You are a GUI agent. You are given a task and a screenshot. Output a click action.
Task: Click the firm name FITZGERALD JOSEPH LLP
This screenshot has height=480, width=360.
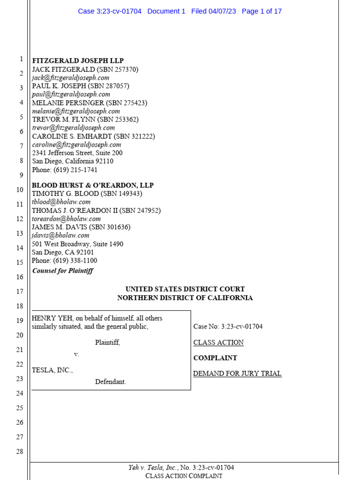tap(78, 61)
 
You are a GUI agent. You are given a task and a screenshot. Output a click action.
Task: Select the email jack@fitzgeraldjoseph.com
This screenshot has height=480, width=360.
tap(71, 78)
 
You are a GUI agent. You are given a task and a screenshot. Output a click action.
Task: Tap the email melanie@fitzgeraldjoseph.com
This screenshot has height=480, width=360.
tap(76, 111)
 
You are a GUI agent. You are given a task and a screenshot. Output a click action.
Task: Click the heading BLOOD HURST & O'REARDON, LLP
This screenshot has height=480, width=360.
tap(93, 185)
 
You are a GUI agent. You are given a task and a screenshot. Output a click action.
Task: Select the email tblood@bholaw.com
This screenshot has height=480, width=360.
tap(61, 202)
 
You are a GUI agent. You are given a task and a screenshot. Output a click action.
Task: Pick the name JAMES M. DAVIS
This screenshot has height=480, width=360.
tap(58, 227)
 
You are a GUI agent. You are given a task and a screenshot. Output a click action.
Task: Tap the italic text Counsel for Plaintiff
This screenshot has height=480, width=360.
tap(63, 271)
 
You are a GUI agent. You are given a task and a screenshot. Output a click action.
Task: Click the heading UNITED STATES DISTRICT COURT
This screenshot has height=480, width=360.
tap(185, 289)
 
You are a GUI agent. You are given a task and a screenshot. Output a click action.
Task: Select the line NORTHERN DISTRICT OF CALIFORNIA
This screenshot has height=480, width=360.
tap(185, 298)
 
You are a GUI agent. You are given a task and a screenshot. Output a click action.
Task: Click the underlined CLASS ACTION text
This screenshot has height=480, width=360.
tap(218, 343)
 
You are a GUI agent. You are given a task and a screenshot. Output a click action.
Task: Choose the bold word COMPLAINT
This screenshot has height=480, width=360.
tap(215, 358)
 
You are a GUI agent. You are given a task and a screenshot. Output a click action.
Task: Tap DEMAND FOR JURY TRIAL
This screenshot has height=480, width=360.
tap(237, 374)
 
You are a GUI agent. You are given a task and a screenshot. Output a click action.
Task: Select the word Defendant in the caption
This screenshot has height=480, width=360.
tap(111, 382)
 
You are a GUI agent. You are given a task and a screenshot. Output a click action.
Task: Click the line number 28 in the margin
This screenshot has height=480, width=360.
tap(20, 451)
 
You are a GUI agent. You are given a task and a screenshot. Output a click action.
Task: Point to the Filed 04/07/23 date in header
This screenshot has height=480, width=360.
tap(213, 11)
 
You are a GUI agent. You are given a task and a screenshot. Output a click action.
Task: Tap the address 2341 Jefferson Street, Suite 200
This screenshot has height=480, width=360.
tap(77, 153)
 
